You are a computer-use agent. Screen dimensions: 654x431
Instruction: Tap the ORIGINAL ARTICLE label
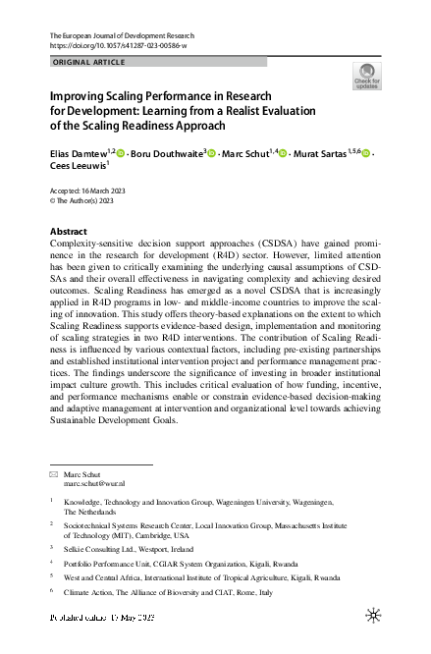point(87,62)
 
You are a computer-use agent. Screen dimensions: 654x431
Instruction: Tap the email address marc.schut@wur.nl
point(95,484)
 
